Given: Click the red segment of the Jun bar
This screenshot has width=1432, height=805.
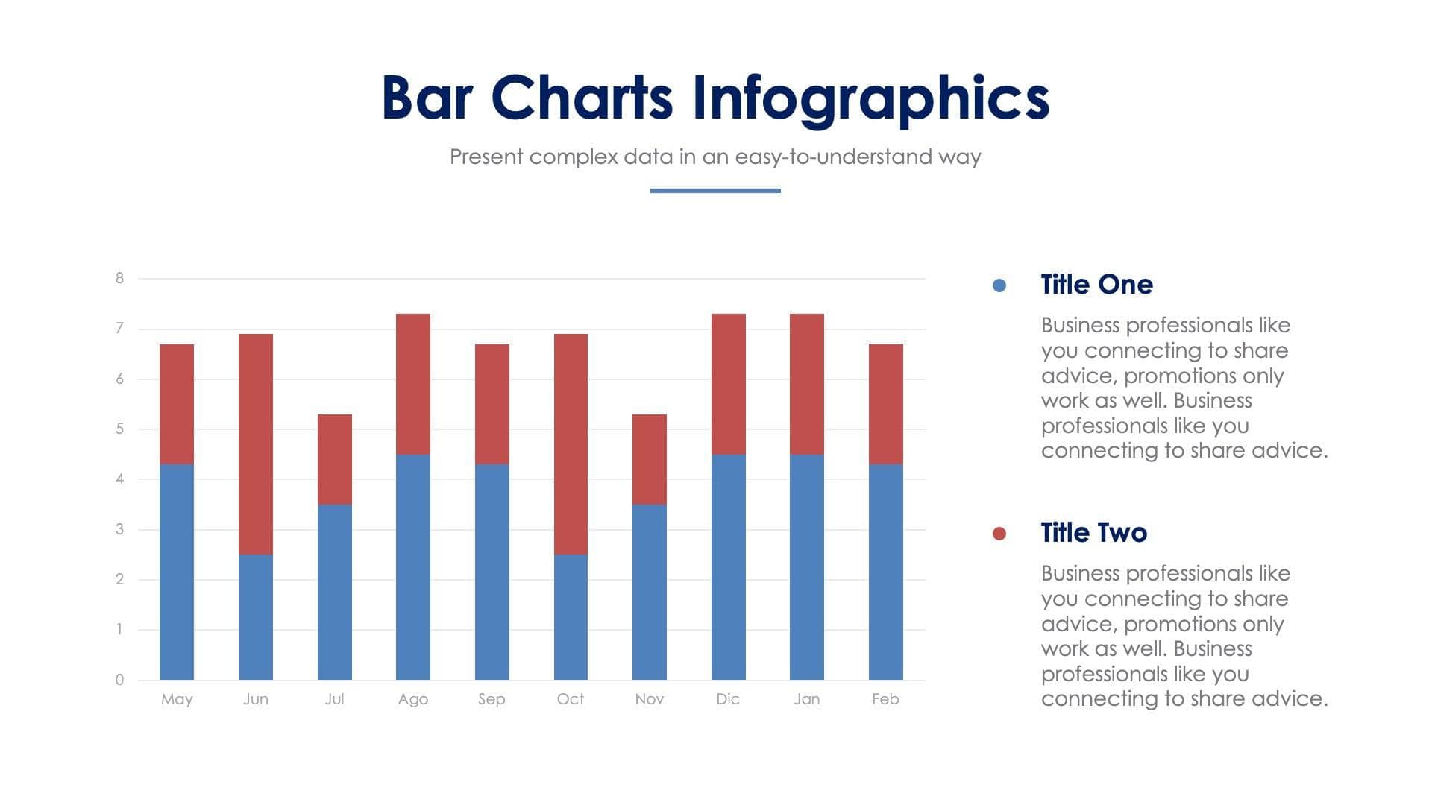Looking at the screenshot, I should pos(256,444).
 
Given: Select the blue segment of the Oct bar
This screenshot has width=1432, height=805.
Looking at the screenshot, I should pos(571,617).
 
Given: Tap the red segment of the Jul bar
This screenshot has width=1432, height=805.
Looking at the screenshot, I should pos(334,459).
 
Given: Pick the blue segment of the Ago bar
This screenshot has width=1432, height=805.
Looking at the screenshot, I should pos(413,566).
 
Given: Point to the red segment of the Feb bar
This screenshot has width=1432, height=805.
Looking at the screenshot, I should pos(885,404).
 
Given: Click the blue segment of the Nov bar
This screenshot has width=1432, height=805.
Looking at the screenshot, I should pos(649,592).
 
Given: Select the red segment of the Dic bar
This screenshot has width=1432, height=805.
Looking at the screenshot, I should pos(728,384).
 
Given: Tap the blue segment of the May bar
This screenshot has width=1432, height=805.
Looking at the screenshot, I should pos(177,572).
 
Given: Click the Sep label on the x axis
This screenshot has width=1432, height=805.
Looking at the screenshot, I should pos(492,699).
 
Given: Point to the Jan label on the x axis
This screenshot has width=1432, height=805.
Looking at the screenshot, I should pos(806,699).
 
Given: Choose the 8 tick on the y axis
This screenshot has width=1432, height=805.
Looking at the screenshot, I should pos(119,278).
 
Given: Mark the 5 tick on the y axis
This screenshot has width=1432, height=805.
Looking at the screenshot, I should pos(119,429).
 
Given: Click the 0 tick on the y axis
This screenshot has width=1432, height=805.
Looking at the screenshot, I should pos(119,680).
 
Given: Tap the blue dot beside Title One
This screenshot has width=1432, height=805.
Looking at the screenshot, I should pos(999,285).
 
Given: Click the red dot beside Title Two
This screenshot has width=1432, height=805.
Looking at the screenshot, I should pos(999,534).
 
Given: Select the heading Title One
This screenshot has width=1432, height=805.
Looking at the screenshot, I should pos(1096,285).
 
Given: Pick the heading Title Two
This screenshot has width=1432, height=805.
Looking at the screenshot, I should pos(1093,533).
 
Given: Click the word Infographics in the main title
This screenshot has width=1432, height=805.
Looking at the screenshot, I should pos(870,98).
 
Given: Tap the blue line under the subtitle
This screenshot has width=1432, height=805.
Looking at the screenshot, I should pos(715,191).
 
